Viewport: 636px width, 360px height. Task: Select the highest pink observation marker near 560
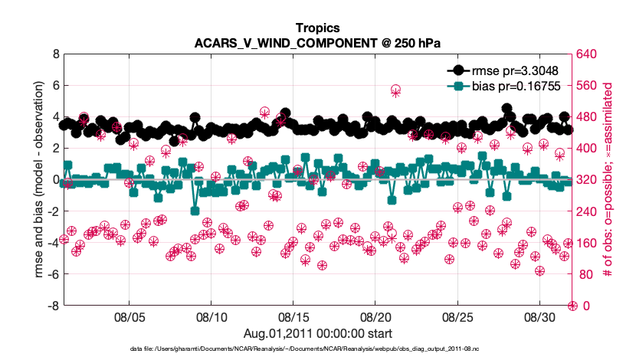[x=395, y=90]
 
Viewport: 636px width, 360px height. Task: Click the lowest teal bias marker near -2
[x=195, y=211]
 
